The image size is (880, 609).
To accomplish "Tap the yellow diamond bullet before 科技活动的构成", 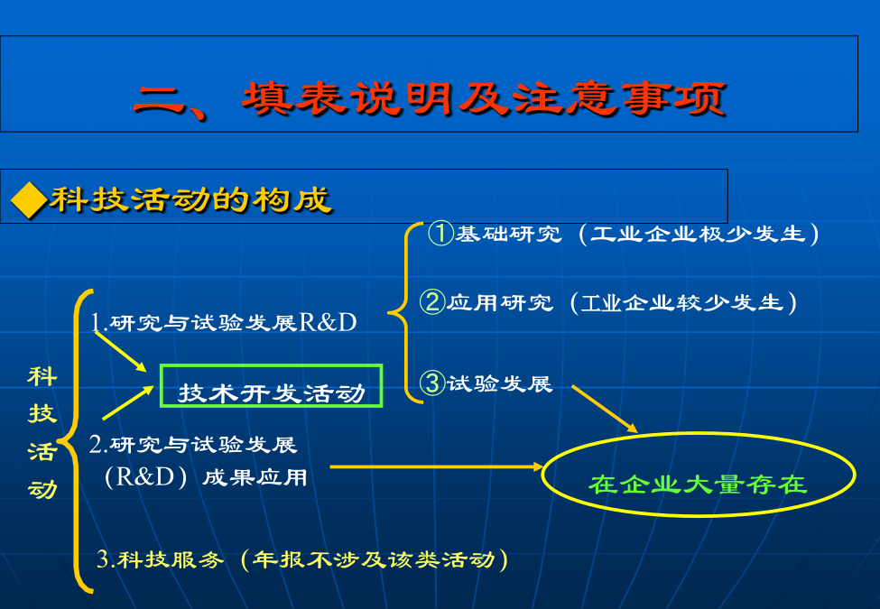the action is pyautogui.click(x=29, y=200).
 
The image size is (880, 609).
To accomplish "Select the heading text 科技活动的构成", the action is pyautogui.click(x=190, y=199).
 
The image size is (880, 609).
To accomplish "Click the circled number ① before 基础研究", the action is pyautogui.click(x=440, y=233).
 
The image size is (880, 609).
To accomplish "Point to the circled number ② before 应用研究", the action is pyautogui.click(x=432, y=301).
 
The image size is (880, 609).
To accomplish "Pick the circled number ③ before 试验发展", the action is pyautogui.click(x=432, y=383).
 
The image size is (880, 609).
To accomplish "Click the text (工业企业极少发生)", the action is pyautogui.click(x=699, y=234).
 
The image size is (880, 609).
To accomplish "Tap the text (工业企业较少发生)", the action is pyautogui.click(x=683, y=303).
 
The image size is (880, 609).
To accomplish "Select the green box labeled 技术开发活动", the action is pyautogui.click(x=271, y=386).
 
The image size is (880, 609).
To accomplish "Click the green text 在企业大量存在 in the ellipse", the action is pyautogui.click(x=698, y=484).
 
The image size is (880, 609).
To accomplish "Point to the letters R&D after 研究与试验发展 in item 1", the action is pyautogui.click(x=328, y=322).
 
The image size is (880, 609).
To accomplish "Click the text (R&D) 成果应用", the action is pyautogui.click(x=206, y=477).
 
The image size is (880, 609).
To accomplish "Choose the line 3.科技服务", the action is pyautogui.click(x=161, y=559).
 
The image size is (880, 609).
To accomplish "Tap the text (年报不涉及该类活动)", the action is pyautogui.click(x=375, y=559).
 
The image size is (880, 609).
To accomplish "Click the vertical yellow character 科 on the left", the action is pyautogui.click(x=42, y=376).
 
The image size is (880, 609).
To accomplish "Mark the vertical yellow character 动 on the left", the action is pyautogui.click(x=42, y=489).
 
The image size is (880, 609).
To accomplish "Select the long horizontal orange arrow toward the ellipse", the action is pyautogui.click(x=437, y=466).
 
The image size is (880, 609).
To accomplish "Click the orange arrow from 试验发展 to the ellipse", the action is pyautogui.click(x=605, y=409).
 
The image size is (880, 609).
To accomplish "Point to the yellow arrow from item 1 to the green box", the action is pyautogui.click(x=120, y=352).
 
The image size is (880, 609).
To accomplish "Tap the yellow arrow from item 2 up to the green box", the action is pyautogui.click(x=128, y=402).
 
